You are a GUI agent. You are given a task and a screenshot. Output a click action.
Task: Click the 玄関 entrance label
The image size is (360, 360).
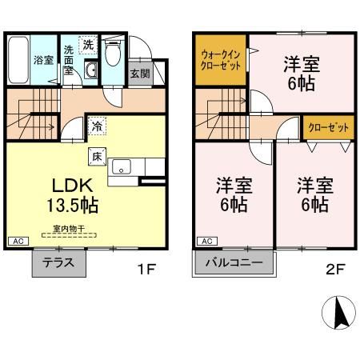click(x=140, y=73)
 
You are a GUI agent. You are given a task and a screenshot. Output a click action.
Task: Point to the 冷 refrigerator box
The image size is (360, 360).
click(x=97, y=125)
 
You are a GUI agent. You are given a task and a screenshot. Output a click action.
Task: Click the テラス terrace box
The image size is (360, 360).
click(x=58, y=263)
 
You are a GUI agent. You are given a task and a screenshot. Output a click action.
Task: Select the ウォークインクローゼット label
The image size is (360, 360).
click(x=220, y=61)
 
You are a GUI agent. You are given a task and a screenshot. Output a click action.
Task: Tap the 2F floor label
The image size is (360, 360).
click(x=336, y=270)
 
